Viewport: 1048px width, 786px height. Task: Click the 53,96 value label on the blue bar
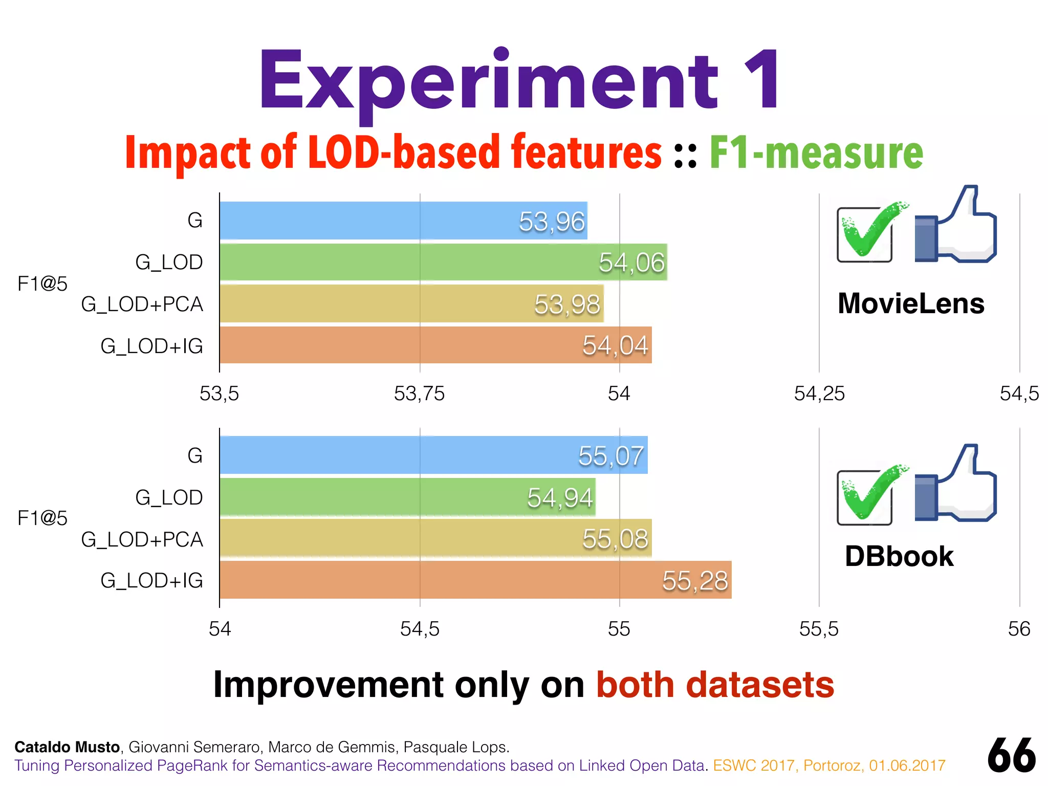tap(552, 222)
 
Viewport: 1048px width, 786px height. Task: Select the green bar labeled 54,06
tap(443, 262)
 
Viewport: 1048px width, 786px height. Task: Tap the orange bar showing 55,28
tap(475, 580)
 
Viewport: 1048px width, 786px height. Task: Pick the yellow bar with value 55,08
tap(435, 538)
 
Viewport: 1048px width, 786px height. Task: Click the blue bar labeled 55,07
tap(433, 455)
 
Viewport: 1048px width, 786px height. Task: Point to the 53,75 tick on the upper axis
tap(419, 394)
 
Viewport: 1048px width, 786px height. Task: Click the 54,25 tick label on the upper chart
tap(819, 394)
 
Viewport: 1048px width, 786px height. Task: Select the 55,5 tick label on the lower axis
tap(819, 629)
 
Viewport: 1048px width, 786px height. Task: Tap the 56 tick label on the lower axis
tap(1019, 629)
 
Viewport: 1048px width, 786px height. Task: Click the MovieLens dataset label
tap(911, 303)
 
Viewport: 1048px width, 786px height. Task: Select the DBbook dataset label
tap(899, 556)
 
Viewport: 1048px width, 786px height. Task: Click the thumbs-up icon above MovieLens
tap(955, 225)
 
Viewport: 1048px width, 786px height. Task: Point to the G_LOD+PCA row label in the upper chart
tap(142, 304)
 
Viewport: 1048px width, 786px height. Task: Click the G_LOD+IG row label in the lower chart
tap(151, 581)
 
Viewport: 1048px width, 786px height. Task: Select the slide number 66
tap(1011, 756)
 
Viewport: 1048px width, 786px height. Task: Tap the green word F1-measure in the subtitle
tap(816, 152)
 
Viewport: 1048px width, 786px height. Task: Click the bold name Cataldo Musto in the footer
tap(67, 747)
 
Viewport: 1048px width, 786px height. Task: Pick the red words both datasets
tap(715, 685)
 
